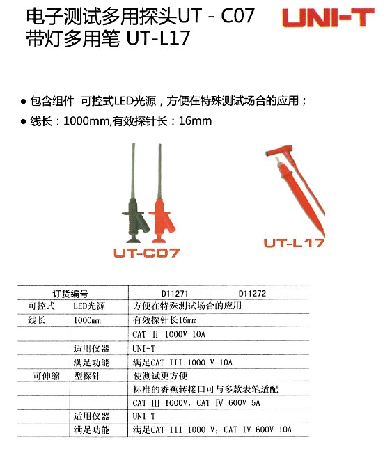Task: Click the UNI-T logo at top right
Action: click(x=328, y=18)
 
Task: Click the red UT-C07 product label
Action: click(x=147, y=253)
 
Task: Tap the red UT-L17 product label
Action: click(x=294, y=243)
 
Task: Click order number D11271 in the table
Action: click(x=175, y=294)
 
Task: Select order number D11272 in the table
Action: click(x=252, y=294)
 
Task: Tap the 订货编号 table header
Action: click(x=70, y=294)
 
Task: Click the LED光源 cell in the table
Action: click(x=89, y=306)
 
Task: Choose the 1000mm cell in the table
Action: click(x=87, y=320)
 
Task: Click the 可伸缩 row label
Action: click(x=47, y=376)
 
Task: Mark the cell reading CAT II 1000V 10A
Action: click(x=169, y=334)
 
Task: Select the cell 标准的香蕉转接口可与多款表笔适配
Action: click(x=205, y=389)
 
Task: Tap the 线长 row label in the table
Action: click(x=37, y=320)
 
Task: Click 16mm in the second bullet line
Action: click(x=195, y=121)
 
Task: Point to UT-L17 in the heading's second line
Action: click(x=158, y=38)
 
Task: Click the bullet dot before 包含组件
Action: click(x=23, y=102)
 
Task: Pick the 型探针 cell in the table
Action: click(x=87, y=376)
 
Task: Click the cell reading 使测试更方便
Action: click(x=160, y=376)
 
